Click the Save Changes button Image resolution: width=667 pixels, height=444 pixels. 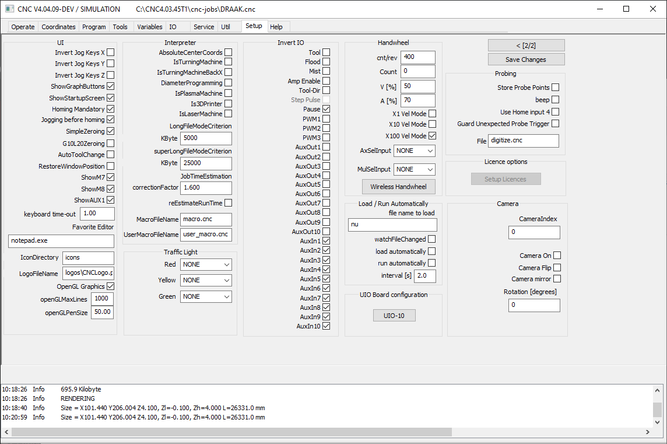tap(526, 60)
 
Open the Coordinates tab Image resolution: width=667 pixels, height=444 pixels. tap(58, 27)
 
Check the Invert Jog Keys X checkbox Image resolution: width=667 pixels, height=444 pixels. tap(111, 53)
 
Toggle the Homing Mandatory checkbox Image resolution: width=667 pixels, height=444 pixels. tap(111, 109)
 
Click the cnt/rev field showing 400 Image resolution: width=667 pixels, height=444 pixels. tap(417, 57)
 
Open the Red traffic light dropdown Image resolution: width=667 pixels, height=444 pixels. tap(206, 264)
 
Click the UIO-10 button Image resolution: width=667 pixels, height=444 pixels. tap(394, 316)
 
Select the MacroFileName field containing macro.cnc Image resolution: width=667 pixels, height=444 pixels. tap(206, 219)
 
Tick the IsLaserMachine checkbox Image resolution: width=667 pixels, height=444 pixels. tap(229, 114)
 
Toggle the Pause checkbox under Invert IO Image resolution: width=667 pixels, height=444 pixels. tap(327, 109)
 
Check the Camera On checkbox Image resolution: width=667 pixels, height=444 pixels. tap(557, 256)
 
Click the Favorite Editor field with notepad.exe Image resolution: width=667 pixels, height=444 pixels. tap(61, 241)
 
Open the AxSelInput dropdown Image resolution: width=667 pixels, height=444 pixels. tap(414, 151)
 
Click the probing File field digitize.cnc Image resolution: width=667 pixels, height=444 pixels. tap(523, 141)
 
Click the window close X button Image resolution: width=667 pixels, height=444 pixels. tap(653, 9)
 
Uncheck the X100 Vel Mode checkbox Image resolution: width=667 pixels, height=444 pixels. tap(432, 136)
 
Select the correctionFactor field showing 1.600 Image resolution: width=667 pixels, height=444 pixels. tap(206, 188)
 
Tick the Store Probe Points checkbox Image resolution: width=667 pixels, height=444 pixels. tap(556, 88)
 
